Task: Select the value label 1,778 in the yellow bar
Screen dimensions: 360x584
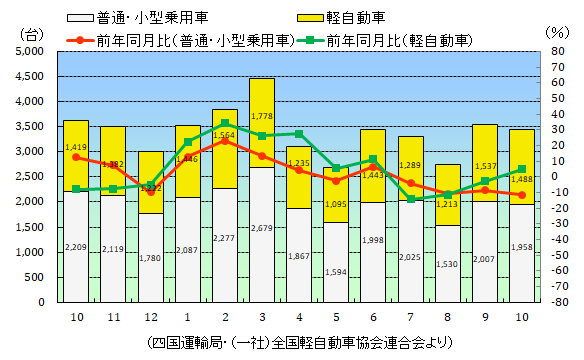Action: point(261,117)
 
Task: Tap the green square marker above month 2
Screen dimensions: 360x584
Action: point(225,123)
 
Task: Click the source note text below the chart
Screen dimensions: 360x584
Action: point(297,343)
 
